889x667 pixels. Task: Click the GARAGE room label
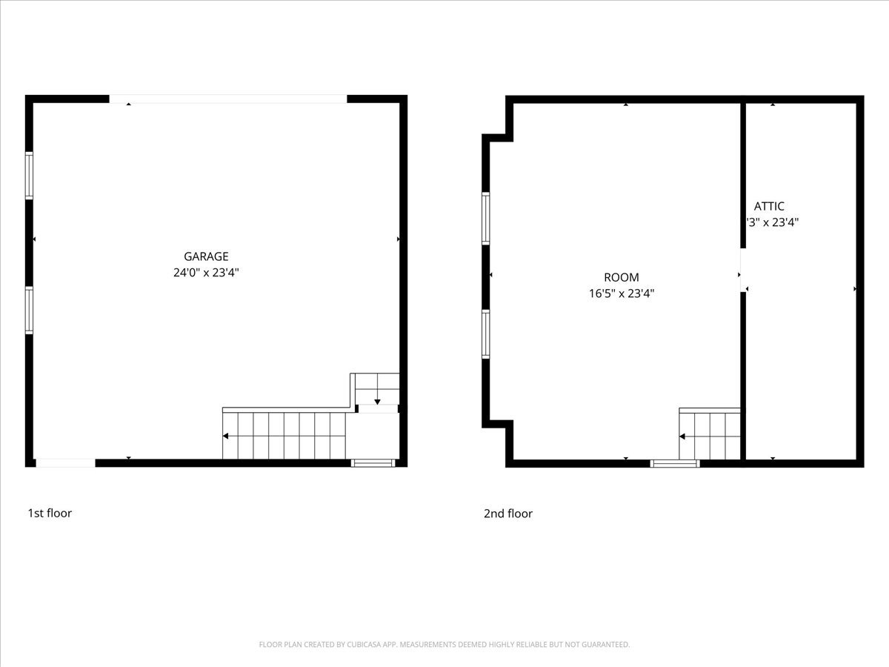click(x=206, y=256)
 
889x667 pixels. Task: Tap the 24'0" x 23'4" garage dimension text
click(x=206, y=273)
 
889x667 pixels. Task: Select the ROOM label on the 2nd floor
click(x=622, y=278)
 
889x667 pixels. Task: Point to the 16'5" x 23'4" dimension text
click(x=622, y=293)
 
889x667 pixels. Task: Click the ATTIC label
click(x=769, y=207)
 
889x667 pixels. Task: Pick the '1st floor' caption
click(x=50, y=513)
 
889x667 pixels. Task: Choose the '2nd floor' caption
click(x=508, y=514)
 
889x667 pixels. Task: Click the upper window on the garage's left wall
click(x=30, y=176)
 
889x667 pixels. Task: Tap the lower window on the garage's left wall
click(x=30, y=311)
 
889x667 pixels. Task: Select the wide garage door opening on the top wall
click(x=228, y=99)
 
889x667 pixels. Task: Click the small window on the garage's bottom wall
click(x=373, y=463)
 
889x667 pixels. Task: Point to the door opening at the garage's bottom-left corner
click(x=65, y=463)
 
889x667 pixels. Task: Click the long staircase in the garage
click(x=284, y=436)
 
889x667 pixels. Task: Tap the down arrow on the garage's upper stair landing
click(x=377, y=400)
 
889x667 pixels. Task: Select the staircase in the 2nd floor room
click(x=710, y=436)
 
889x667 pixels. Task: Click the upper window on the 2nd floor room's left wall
click(x=486, y=218)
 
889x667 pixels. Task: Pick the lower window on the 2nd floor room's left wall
click(x=486, y=334)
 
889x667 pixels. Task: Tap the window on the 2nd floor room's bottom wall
click(x=675, y=463)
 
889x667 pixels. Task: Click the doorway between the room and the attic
click(x=743, y=270)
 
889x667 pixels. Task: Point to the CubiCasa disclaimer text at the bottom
click(x=444, y=645)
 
